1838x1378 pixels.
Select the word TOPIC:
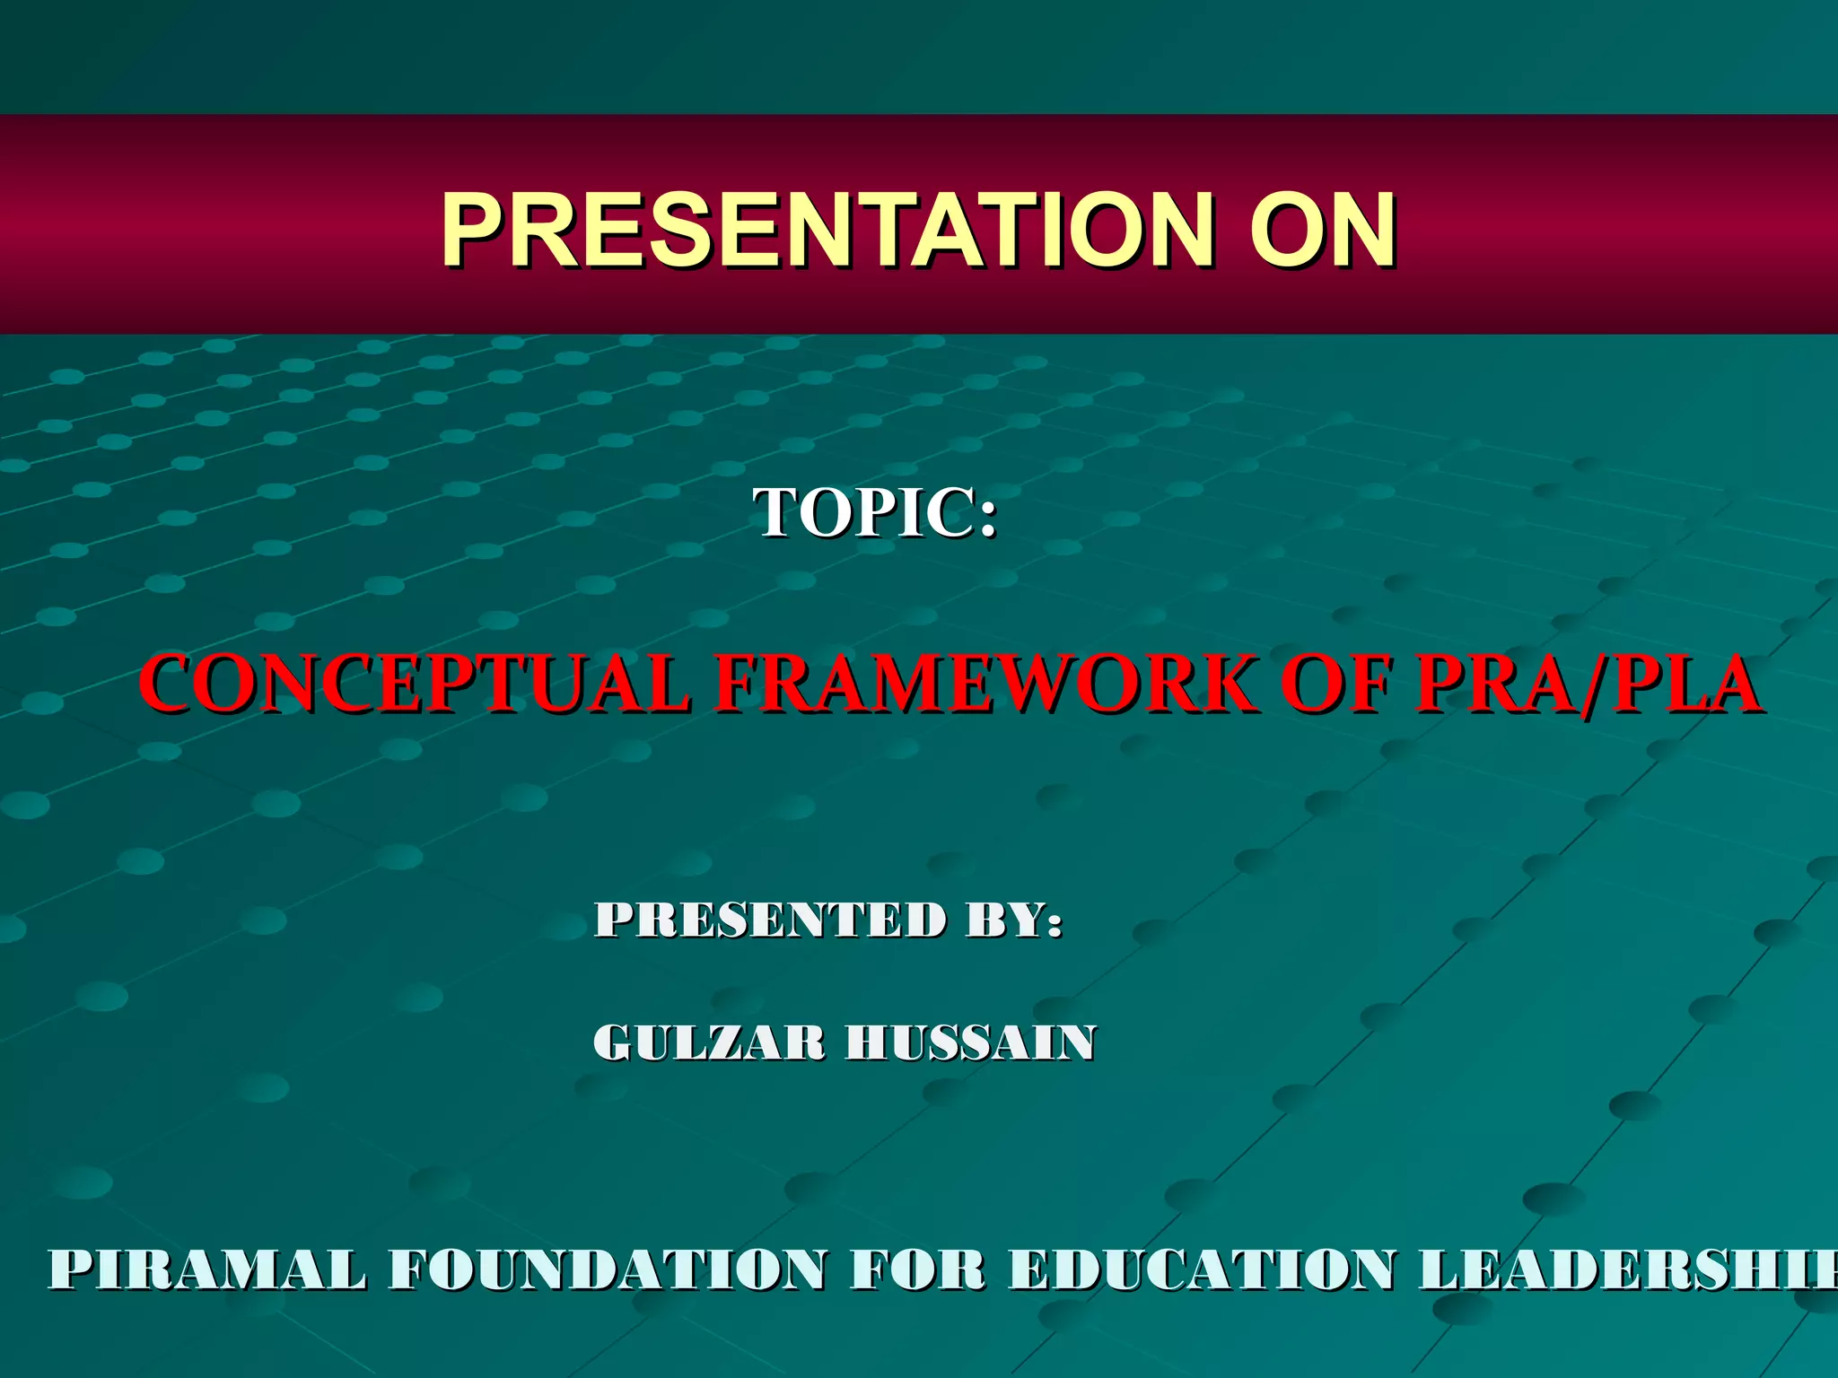(874, 512)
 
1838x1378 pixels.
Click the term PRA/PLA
(1589, 684)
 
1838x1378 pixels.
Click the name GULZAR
(709, 1042)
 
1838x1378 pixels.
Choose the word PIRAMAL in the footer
(207, 1269)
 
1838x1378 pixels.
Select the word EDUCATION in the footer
(1203, 1269)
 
